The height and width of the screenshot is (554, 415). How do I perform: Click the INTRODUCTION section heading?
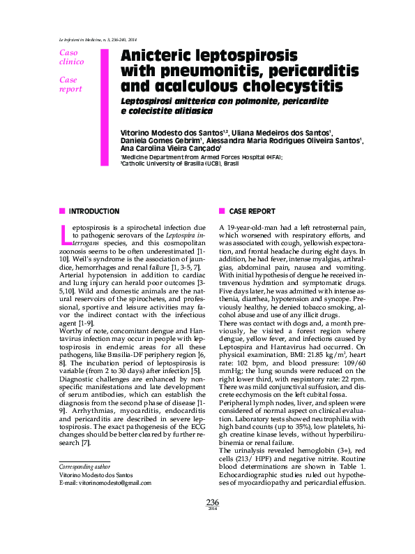click(x=94, y=211)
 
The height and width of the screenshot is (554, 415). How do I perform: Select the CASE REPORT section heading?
click(x=252, y=211)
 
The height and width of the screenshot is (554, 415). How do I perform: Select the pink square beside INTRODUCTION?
click(x=62, y=211)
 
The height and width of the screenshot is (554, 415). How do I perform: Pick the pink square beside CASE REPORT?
click(x=222, y=211)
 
